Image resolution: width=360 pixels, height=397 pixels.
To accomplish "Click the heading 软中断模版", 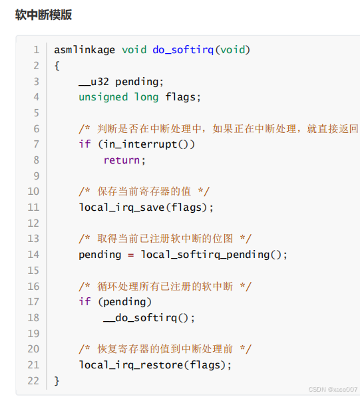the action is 43,15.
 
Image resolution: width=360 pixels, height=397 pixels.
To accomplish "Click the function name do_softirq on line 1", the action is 183,50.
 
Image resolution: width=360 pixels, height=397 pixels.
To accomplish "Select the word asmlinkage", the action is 85,50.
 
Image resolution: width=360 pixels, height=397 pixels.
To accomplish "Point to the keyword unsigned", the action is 103,98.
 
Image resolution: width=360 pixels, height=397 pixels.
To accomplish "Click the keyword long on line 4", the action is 146,98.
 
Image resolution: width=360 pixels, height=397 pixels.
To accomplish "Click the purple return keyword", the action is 121,160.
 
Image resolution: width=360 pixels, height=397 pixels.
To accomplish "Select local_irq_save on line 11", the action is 121,207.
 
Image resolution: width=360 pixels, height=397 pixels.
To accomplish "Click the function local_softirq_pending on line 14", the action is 205,255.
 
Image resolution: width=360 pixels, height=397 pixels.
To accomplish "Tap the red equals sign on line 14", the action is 130,255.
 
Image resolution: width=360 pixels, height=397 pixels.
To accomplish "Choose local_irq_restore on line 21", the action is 130,365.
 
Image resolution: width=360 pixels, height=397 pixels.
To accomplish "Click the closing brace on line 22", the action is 57,381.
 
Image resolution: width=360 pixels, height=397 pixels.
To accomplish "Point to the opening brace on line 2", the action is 57,66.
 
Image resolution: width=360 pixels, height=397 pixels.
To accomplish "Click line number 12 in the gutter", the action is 33,223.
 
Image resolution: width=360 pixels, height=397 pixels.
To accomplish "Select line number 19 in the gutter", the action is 33,334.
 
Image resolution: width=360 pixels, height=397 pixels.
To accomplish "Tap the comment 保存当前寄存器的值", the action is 144,192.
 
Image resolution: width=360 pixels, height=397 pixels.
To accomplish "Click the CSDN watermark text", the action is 333,389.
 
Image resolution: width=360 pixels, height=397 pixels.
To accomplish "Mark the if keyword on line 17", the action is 85,302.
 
